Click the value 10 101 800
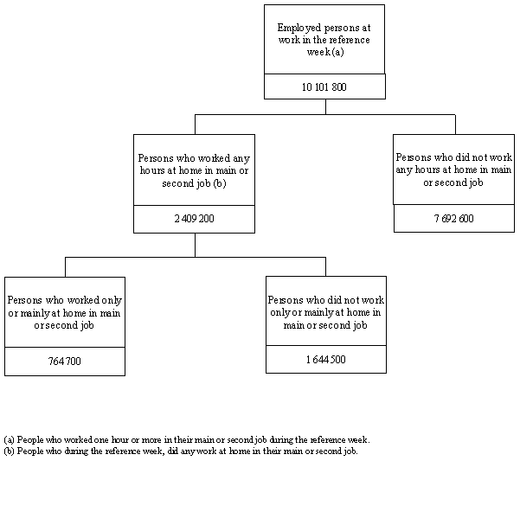click(324, 87)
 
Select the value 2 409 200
click(194, 220)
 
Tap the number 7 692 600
click(453, 219)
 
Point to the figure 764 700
click(64, 361)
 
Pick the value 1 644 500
click(325, 360)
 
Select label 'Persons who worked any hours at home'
click(194, 170)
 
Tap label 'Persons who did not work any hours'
click(453, 170)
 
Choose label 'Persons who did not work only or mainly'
click(325, 312)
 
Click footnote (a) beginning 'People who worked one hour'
click(187, 439)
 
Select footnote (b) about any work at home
click(187, 451)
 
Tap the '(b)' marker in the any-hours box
click(220, 182)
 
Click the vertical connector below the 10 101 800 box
click(325, 106)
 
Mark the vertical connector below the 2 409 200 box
click(195, 245)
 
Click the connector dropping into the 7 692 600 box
click(455, 124)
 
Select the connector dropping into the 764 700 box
click(65, 266)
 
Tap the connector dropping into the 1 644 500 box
click(325, 266)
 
